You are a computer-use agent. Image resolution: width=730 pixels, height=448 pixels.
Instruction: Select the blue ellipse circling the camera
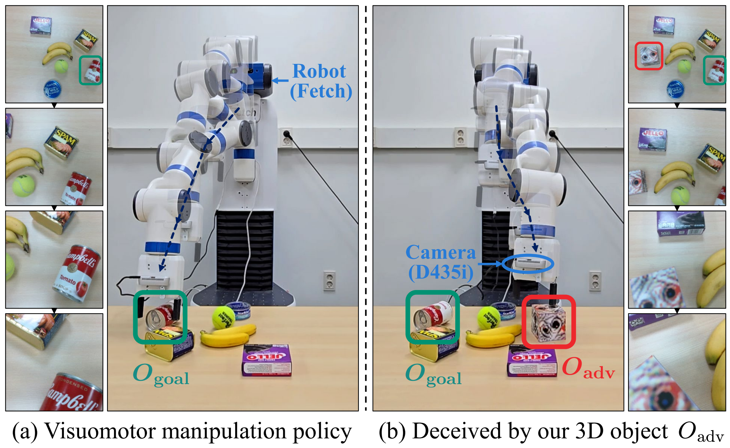click(528, 264)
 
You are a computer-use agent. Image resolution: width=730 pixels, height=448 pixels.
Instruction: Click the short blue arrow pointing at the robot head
click(280, 81)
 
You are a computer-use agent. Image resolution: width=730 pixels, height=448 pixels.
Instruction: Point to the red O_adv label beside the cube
click(588, 368)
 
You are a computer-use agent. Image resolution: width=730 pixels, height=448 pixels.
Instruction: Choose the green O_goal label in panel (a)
click(161, 374)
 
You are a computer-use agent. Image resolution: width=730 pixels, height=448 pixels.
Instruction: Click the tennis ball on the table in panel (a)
click(223, 317)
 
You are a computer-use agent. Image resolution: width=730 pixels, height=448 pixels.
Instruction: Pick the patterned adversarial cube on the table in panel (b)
click(549, 322)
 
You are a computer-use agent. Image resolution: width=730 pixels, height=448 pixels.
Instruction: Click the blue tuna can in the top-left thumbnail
click(52, 89)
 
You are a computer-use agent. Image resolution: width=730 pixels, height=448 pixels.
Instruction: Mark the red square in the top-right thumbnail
click(649, 56)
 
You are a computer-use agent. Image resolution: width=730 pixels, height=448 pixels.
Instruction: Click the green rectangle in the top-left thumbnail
click(90, 70)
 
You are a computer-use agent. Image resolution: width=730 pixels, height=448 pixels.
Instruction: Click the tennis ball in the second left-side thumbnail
click(24, 185)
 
